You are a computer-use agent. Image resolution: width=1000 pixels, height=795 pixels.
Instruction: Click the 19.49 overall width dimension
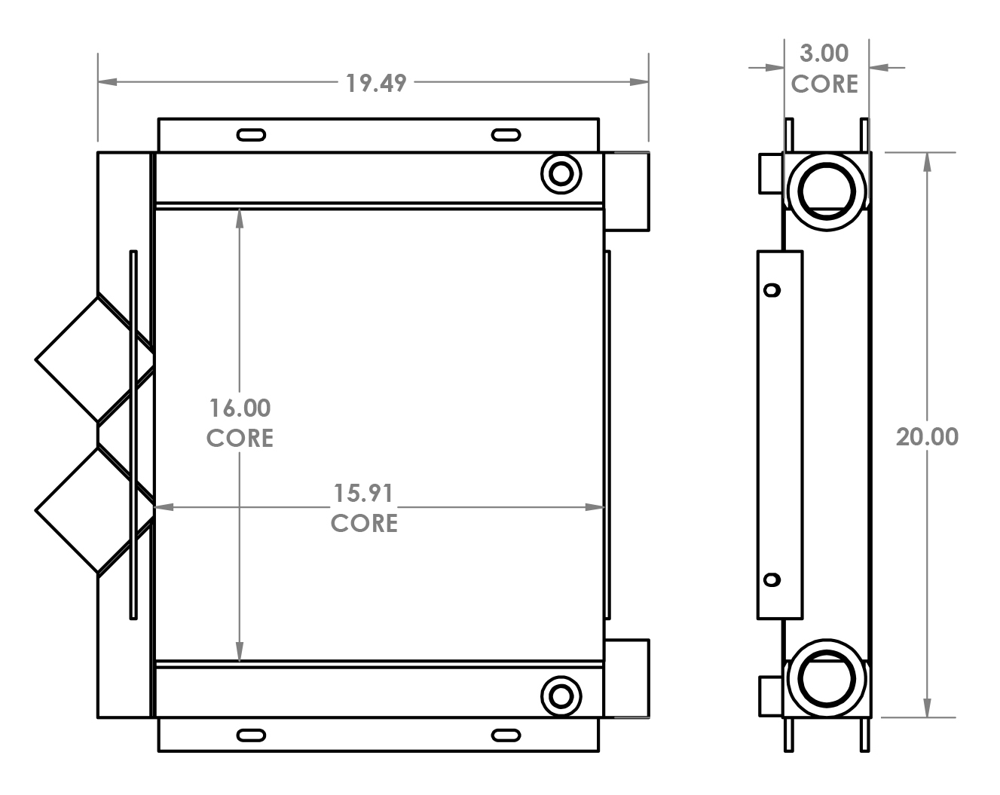coord(375,82)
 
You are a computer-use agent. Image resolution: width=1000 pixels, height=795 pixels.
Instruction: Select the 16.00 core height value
coord(240,408)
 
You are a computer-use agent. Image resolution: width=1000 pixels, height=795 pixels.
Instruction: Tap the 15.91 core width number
coord(363,494)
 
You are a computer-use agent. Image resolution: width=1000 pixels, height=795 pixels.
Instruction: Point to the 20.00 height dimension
coord(927,436)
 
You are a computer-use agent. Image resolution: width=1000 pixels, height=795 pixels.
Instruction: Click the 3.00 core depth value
coord(824,54)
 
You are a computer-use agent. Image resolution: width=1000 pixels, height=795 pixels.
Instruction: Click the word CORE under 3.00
coord(824,84)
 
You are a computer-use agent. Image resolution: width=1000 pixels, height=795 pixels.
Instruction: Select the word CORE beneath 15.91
coord(364,523)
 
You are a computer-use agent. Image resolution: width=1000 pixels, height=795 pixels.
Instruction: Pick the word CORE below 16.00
coord(240,438)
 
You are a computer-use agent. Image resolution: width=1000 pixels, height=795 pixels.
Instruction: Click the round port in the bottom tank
coord(561,694)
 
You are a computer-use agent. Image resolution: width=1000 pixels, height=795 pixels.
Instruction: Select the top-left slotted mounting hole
coord(251,135)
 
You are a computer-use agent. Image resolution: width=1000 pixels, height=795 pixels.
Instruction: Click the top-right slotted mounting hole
coord(506,135)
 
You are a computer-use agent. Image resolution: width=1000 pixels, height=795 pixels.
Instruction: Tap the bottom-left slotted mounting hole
coord(251,735)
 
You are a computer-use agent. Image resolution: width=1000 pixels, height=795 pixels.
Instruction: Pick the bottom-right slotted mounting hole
coord(506,735)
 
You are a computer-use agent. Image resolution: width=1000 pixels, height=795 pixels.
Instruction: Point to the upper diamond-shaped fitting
coord(83,358)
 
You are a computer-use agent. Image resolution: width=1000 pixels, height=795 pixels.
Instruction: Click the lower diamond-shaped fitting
coord(83,510)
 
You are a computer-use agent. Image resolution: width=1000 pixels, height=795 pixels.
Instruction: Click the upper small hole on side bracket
coord(772,289)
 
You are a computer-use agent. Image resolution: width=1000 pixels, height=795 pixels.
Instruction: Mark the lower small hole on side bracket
coord(772,579)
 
